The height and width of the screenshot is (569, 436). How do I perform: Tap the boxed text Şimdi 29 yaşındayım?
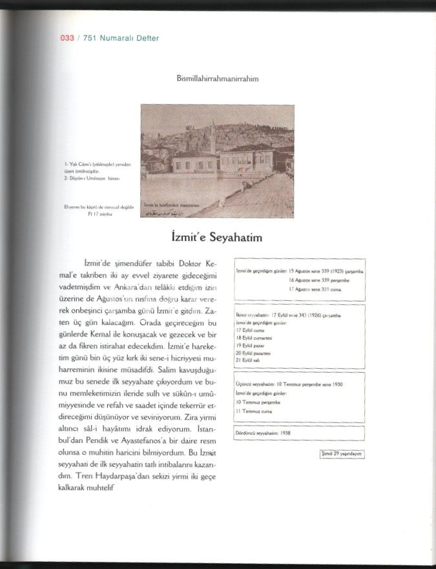point(342,454)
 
